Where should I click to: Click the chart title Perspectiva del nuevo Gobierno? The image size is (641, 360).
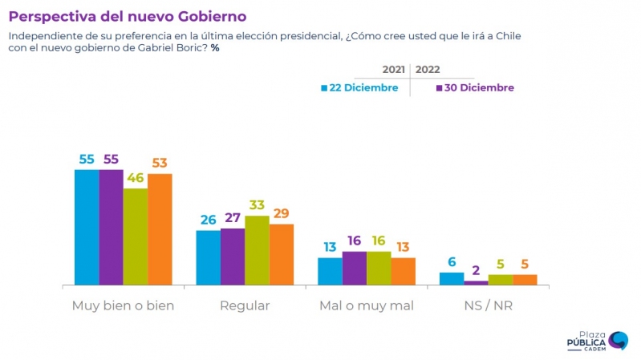point(128,16)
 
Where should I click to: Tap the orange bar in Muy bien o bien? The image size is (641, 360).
point(160,229)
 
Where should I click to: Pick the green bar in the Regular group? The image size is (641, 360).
point(257,250)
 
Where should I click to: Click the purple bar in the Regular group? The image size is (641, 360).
point(233,257)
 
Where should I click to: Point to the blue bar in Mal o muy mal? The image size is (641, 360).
point(330,271)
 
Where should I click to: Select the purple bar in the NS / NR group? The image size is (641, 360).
point(476,282)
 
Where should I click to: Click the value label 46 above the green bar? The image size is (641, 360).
point(135,178)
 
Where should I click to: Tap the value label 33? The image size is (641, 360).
point(257,205)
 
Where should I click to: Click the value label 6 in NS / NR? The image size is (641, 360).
point(452,262)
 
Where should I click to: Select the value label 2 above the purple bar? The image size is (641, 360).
point(476,270)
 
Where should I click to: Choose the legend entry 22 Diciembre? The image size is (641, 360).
point(359,88)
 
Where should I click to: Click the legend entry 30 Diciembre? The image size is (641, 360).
point(475,88)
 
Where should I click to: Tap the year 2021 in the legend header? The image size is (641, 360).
point(393,70)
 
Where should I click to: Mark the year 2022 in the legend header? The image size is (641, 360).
point(428,70)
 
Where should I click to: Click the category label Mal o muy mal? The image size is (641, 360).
point(366,305)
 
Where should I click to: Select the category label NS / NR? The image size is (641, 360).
point(488,305)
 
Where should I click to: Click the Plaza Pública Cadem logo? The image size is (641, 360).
point(597,341)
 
